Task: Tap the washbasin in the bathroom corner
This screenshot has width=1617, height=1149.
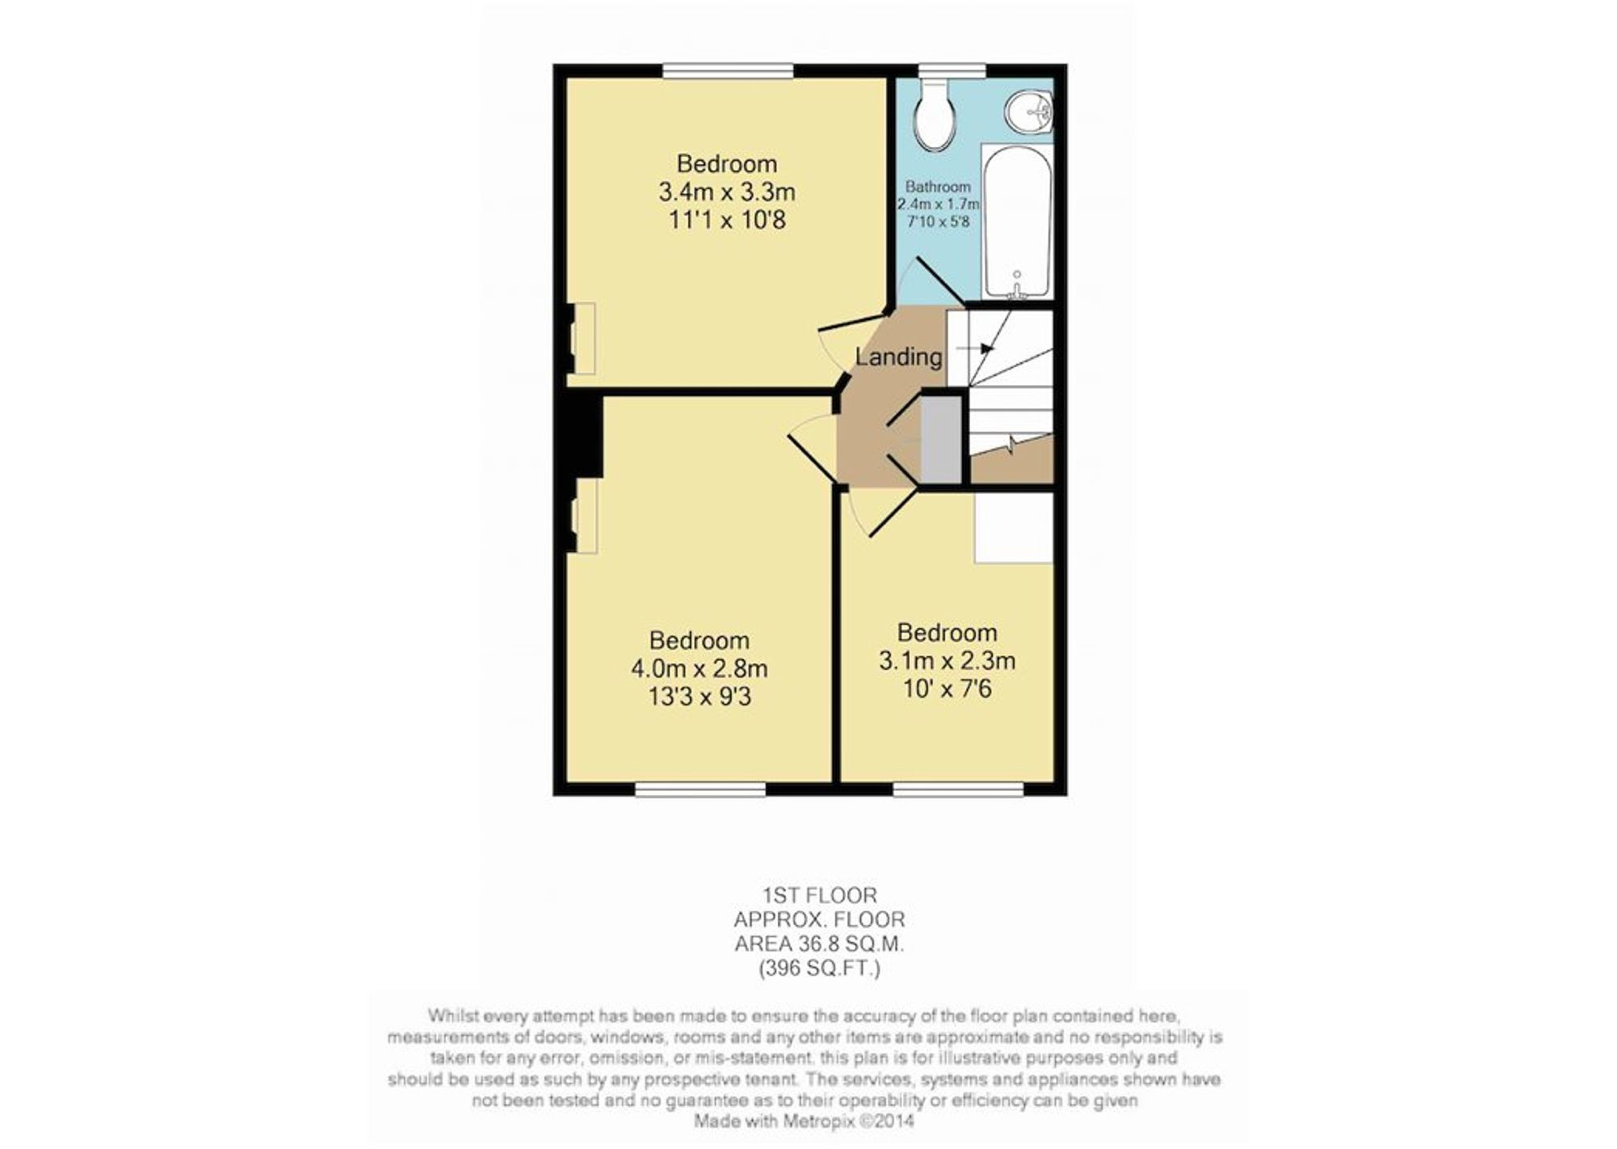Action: point(1029,112)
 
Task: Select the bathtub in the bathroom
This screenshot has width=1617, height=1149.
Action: point(1017,222)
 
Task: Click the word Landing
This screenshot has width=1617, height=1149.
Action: point(898,357)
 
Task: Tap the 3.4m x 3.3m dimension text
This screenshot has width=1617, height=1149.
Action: point(727,192)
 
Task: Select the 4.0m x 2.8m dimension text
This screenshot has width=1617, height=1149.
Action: point(699,670)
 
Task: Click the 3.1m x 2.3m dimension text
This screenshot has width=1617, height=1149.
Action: point(947,661)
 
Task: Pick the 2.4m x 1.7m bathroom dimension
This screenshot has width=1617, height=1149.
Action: point(938,204)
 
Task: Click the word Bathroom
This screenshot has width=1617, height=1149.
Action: point(938,187)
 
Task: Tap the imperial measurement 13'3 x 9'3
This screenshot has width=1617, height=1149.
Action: point(699,697)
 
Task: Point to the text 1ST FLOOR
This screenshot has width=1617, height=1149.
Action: point(820,896)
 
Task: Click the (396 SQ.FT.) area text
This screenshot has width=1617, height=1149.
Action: point(820,969)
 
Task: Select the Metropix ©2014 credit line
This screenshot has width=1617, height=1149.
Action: point(804,1122)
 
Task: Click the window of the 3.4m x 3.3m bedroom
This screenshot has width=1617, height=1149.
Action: point(728,71)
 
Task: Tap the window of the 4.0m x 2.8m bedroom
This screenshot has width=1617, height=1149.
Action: point(700,788)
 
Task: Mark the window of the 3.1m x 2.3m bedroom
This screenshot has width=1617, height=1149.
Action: point(959,788)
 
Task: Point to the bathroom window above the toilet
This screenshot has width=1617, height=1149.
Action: point(952,71)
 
